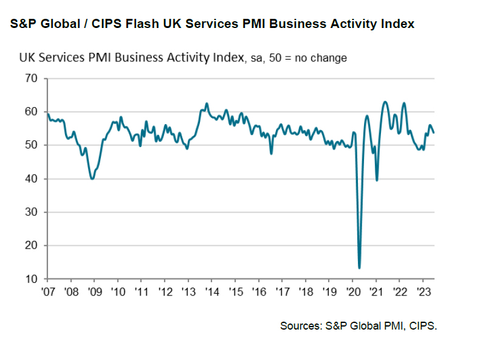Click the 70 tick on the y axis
click(31, 78)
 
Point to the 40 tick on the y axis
click(31, 179)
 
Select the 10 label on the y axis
click(31, 279)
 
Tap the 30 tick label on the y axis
click(31, 212)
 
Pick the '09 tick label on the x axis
click(94, 291)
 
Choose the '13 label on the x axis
click(188, 291)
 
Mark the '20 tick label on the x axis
click(352, 291)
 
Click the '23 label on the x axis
click(423, 291)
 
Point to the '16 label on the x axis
click(259, 291)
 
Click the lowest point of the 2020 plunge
click(360, 268)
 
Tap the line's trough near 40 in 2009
click(92, 178)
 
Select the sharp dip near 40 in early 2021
click(377, 180)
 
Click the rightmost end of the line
click(434, 133)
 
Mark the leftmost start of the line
click(47, 113)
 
